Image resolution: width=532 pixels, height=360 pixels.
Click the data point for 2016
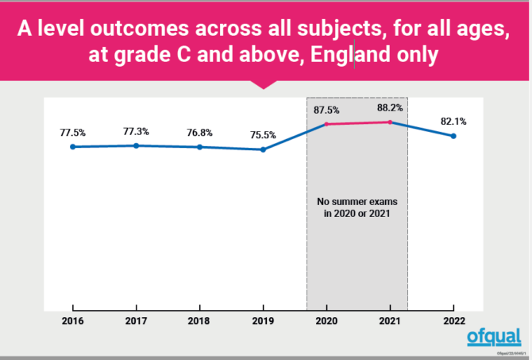[x=72, y=146]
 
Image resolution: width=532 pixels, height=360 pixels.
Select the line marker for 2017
[x=136, y=145]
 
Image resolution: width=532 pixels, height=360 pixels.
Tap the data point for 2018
[x=199, y=147]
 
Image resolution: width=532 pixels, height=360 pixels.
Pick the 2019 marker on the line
[x=263, y=149]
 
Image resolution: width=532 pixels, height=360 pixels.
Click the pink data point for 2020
[x=326, y=124]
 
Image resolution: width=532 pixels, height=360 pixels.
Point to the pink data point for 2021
[x=390, y=122]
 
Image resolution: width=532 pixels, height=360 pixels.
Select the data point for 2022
[x=453, y=136]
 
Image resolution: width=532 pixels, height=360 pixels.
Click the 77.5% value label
[x=72, y=132]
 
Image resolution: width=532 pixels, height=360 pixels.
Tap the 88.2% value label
[x=390, y=108]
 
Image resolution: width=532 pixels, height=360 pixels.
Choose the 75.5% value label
[x=263, y=135]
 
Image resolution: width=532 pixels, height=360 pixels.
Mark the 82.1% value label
[x=453, y=122]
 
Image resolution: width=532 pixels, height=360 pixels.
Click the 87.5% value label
[x=326, y=110]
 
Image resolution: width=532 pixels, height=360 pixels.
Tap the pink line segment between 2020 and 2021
[x=358, y=123]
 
